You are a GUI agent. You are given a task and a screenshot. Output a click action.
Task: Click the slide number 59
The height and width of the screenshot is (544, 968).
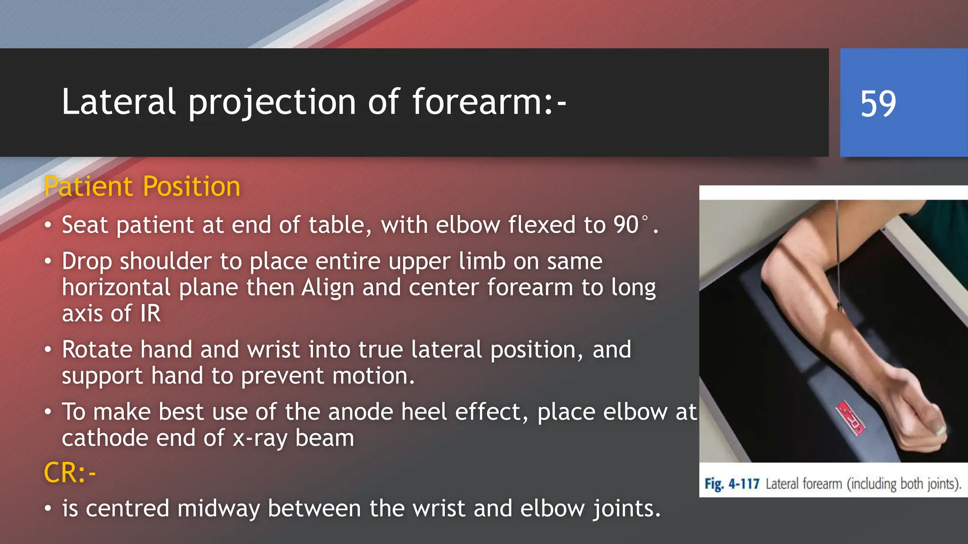[878, 103]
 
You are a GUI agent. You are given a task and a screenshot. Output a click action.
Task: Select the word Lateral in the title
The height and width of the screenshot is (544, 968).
[119, 102]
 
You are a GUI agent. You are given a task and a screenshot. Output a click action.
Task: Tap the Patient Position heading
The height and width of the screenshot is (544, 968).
[142, 186]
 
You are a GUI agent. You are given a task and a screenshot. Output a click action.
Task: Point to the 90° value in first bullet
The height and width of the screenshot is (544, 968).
[631, 225]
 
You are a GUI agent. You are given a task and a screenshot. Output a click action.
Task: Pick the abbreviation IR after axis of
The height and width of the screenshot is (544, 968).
[150, 314]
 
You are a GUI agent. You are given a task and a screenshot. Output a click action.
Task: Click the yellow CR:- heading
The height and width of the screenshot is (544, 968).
[69, 473]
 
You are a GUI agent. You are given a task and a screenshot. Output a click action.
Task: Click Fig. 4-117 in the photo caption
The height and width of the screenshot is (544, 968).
[732, 484]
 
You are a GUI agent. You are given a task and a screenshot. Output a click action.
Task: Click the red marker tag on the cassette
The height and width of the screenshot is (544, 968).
[851, 418]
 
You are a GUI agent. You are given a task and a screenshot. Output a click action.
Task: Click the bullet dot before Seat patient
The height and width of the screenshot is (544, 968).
[48, 225]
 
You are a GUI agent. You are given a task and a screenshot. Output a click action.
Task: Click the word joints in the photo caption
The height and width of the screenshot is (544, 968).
[943, 484]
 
